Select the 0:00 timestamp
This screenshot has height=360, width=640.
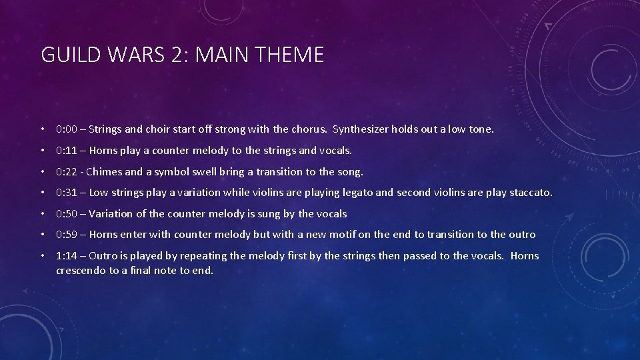tap(68, 129)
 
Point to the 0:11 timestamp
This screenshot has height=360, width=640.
tap(68, 151)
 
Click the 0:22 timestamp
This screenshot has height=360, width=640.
tap(68, 172)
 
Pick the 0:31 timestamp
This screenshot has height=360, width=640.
tap(68, 193)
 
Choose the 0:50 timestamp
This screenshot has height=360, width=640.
tap(68, 214)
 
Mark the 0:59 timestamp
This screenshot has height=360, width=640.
tap(68, 235)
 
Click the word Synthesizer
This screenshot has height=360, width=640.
tap(360, 129)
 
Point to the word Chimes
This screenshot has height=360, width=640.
tap(105, 172)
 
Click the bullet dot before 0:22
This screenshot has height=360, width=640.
tap(43, 172)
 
